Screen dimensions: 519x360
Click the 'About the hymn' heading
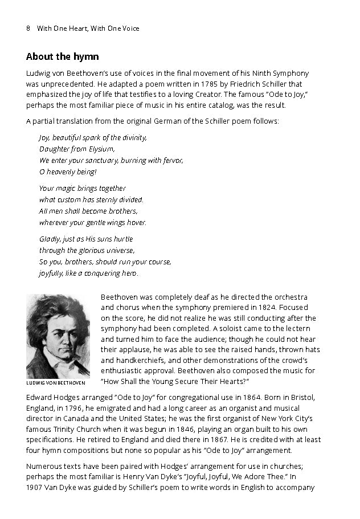click(x=63, y=57)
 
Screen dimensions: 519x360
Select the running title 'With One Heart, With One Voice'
click(x=88, y=28)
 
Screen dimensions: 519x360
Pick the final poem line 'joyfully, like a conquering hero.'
click(x=88, y=273)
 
